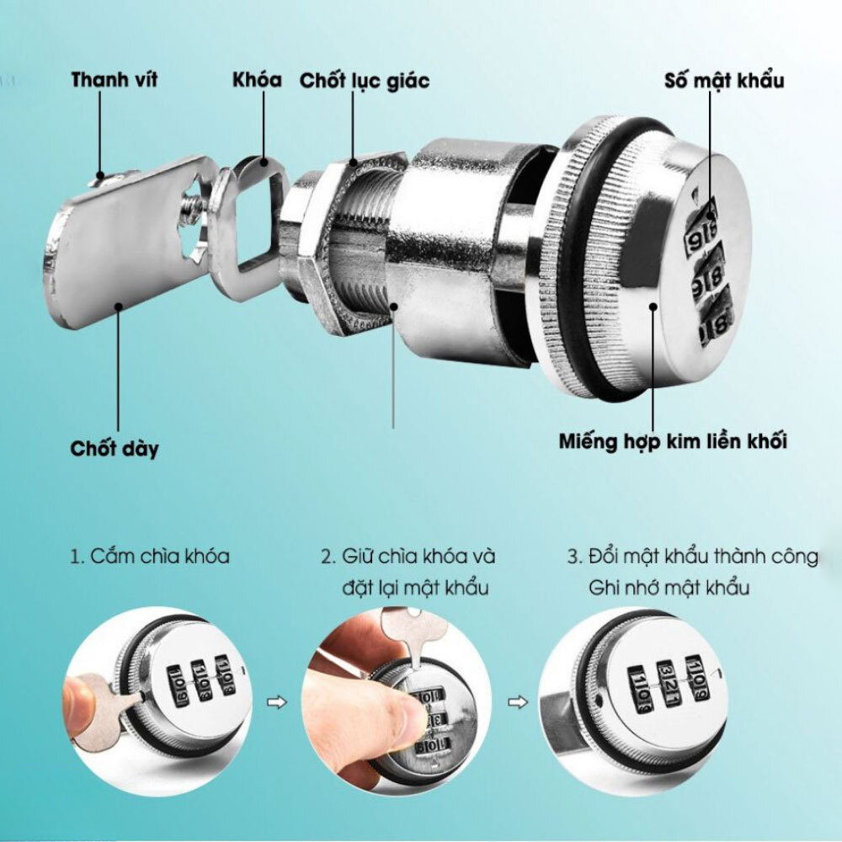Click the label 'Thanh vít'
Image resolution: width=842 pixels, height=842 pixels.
114,79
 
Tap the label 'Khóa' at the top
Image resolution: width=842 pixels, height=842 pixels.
257,79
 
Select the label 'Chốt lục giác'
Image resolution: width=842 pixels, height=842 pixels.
365,81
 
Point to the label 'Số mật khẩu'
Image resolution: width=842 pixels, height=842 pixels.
724,80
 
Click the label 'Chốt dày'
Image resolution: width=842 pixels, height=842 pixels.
115,449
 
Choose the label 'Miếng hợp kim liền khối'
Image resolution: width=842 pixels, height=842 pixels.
673,441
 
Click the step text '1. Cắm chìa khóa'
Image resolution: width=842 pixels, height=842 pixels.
150,556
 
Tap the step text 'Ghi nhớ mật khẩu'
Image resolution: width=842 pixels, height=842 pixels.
669,588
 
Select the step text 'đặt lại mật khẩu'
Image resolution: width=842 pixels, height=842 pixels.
416,588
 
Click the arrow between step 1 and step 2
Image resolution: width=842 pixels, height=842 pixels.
277,702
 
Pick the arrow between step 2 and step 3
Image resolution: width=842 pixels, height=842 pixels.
518,702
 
